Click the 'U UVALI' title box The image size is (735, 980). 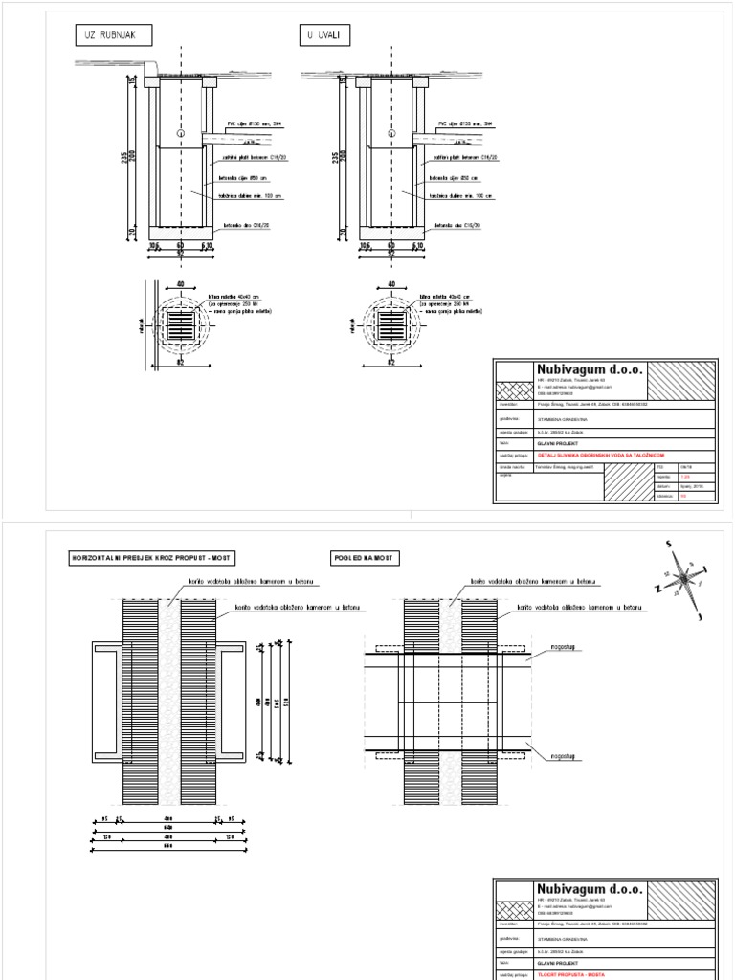coord(325,36)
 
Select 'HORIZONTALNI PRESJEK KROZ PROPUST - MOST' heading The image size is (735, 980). coord(152,558)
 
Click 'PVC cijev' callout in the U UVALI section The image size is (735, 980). coord(465,123)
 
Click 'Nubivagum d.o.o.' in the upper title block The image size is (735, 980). coord(590,370)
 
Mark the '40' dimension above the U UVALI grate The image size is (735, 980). coord(390,283)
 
